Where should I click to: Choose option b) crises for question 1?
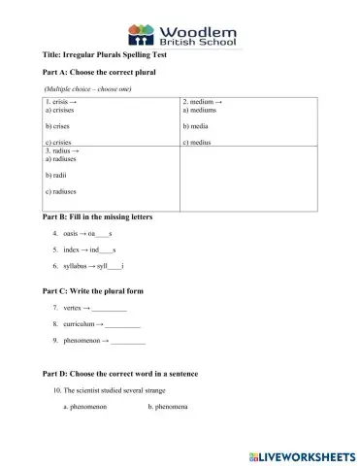[56, 126]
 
